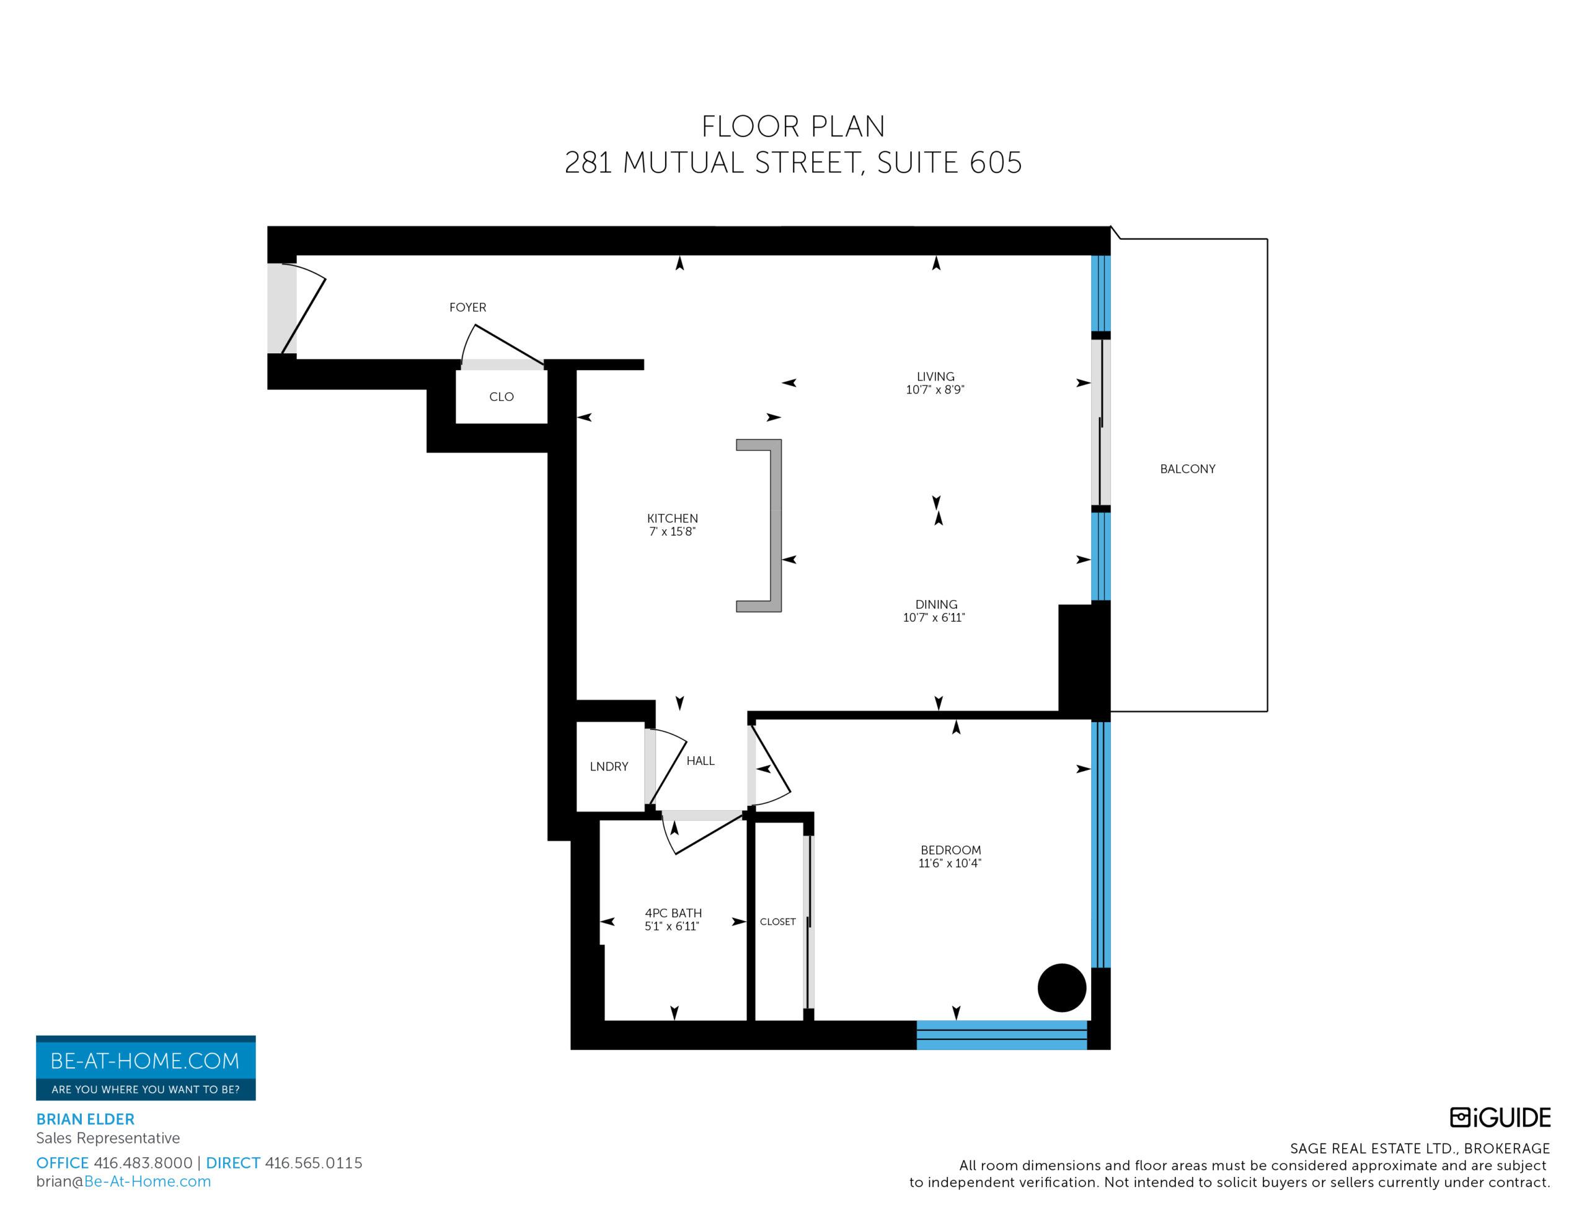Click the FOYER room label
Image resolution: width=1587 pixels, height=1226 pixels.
pyautogui.click(x=467, y=307)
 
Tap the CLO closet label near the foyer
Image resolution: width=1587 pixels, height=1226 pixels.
pyautogui.click(x=502, y=397)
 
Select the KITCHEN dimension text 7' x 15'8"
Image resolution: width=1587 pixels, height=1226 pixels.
pyautogui.click(x=672, y=532)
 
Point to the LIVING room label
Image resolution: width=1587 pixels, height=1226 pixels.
pyautogui.click(x=935, y=376)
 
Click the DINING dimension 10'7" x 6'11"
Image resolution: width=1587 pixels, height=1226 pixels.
pyautogui.click(x=934, y=618)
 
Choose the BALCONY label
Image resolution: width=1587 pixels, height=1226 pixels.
pyautogui.click(x=1187, y=469)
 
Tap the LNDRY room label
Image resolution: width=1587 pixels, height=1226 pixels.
pyautogui.click(x=609, y=767)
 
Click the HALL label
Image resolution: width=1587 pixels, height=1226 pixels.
pyautogui.click(x=701, y=761)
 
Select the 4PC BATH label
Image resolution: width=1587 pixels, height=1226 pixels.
pyautogui.click(x=673, y=913)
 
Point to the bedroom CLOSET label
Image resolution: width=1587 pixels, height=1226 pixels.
pyautogui.click(x=777, y=922)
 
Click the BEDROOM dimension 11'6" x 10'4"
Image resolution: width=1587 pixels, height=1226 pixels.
pyautogui.click(x=950, y=863)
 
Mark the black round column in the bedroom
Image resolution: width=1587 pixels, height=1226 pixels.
pyautogui.click(x=1062, y=987)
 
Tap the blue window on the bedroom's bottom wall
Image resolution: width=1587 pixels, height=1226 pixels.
pyautogui.click(x=1001, y=1035)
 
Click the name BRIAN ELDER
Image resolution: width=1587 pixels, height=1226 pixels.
pyautogui.click(x=85, y=1119)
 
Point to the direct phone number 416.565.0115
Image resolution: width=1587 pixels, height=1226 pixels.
pyautogui.click(x=313, y=1163)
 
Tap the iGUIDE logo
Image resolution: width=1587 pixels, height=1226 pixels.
pyautogui.click(x=1500, y=1117)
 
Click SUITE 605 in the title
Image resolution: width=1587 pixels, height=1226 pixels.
pyautogui.click(x=949, y=163)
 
